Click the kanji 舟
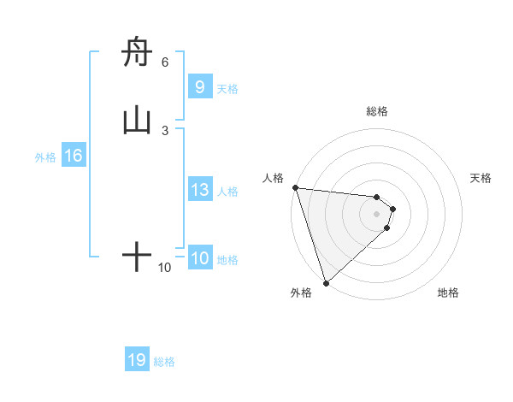pos(137,53)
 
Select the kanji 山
pos(137,121)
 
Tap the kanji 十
pos(137,257)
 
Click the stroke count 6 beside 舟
pos(165,62)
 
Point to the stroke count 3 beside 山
pos(165,130)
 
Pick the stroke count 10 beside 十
pos(165,268)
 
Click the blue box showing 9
pos(199,87)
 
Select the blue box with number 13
pos(199,190)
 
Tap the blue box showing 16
pos(74,156)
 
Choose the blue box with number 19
pos(137,360)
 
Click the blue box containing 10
pos(199,259)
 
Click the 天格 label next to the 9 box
pos(227,89)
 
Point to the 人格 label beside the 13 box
pos(227,192)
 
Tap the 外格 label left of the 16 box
pos(45,157)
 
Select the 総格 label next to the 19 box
pos(164,362)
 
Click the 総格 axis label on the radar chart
pos(377,111)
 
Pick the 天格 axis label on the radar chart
pos(481,178)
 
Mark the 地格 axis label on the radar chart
pos(448,293)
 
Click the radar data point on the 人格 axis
pos(294,187)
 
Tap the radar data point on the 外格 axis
pos(326,282)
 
